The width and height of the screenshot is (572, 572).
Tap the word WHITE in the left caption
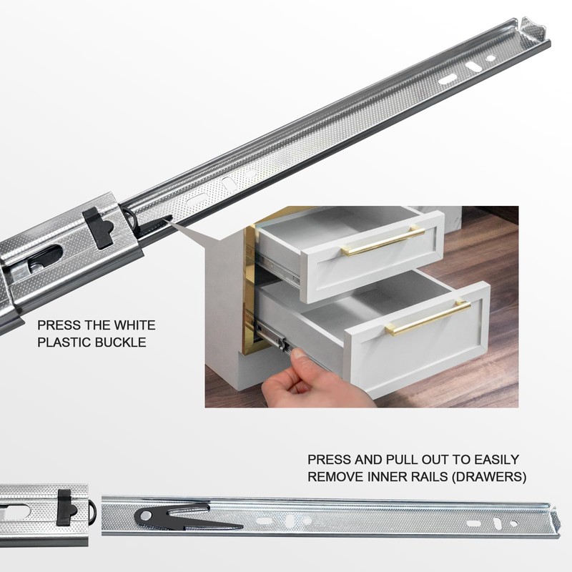[x=134, y=325]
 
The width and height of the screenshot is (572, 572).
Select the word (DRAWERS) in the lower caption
[x=488, y=477]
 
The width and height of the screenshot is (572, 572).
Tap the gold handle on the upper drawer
[x=383, y=241]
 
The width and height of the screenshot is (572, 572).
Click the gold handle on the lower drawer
[x=428, y=316]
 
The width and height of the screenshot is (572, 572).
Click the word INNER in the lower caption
[x=389, y=477]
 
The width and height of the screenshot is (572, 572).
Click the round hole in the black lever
[x=145, y=516]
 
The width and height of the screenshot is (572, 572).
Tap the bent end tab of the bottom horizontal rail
[x=555, y=521]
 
